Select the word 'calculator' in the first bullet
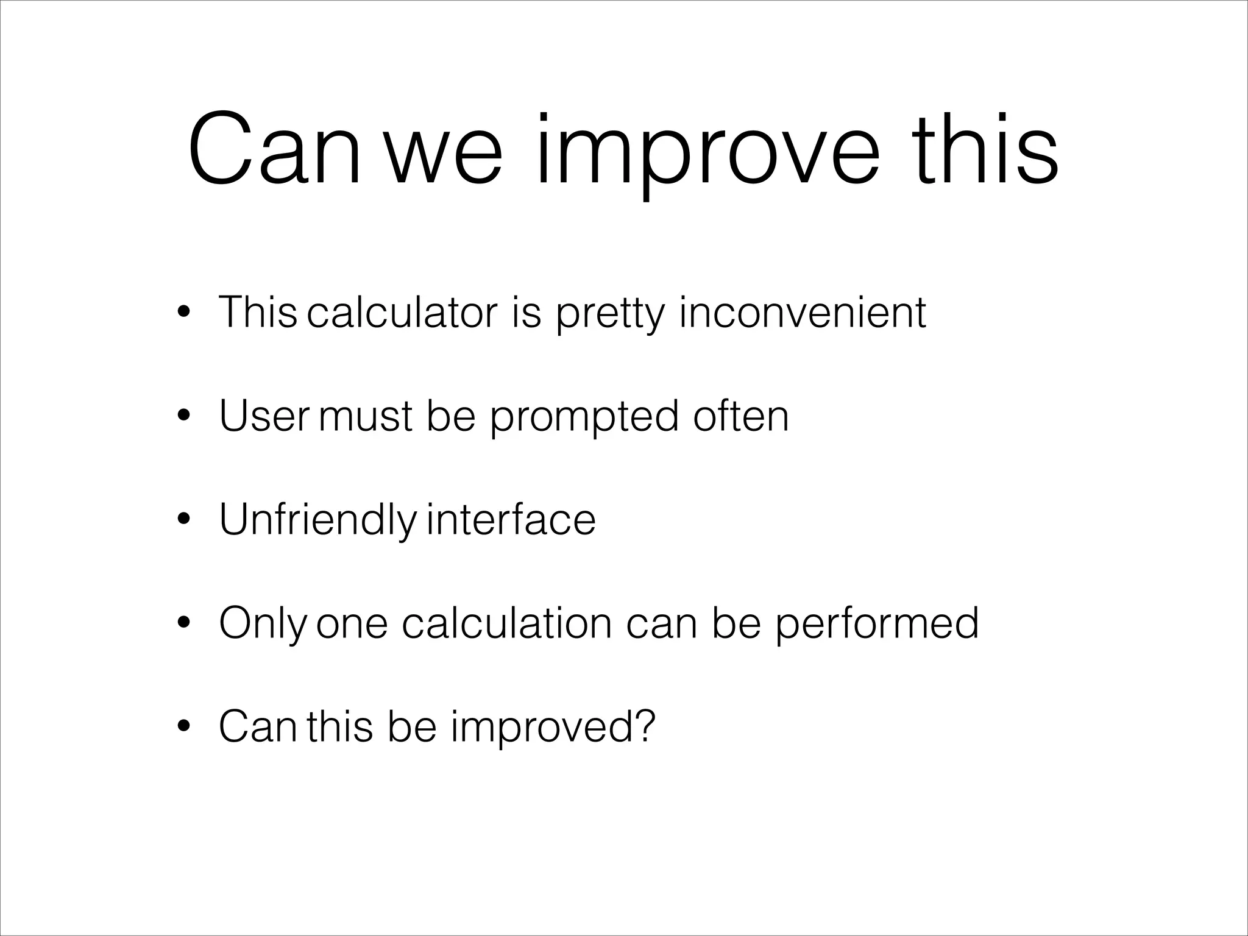(x=402, y=313)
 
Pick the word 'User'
(x=264, y=416)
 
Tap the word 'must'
(x=365, y=417)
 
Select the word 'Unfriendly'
(x=317, y=521)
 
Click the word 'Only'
(x=263, y=625)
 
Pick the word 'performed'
(x=877, y=625)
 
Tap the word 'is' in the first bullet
(x=526, y=313)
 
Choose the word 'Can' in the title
(x=274, y=152)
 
